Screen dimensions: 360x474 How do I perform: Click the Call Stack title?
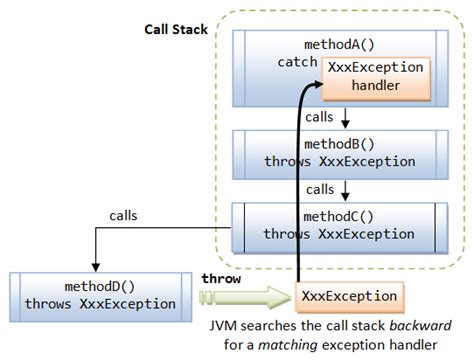tap(175, 30)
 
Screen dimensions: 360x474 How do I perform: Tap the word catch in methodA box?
tap(295, 63)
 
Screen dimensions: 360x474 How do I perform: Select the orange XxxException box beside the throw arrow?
tap(349, 297)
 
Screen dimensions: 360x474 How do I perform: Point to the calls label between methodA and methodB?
tap(319, 116)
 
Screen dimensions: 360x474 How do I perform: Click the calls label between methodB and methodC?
tap(319, 189)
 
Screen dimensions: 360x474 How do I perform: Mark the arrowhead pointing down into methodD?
tap(94, 266)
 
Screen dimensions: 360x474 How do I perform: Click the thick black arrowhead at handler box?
tap(309, 88)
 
